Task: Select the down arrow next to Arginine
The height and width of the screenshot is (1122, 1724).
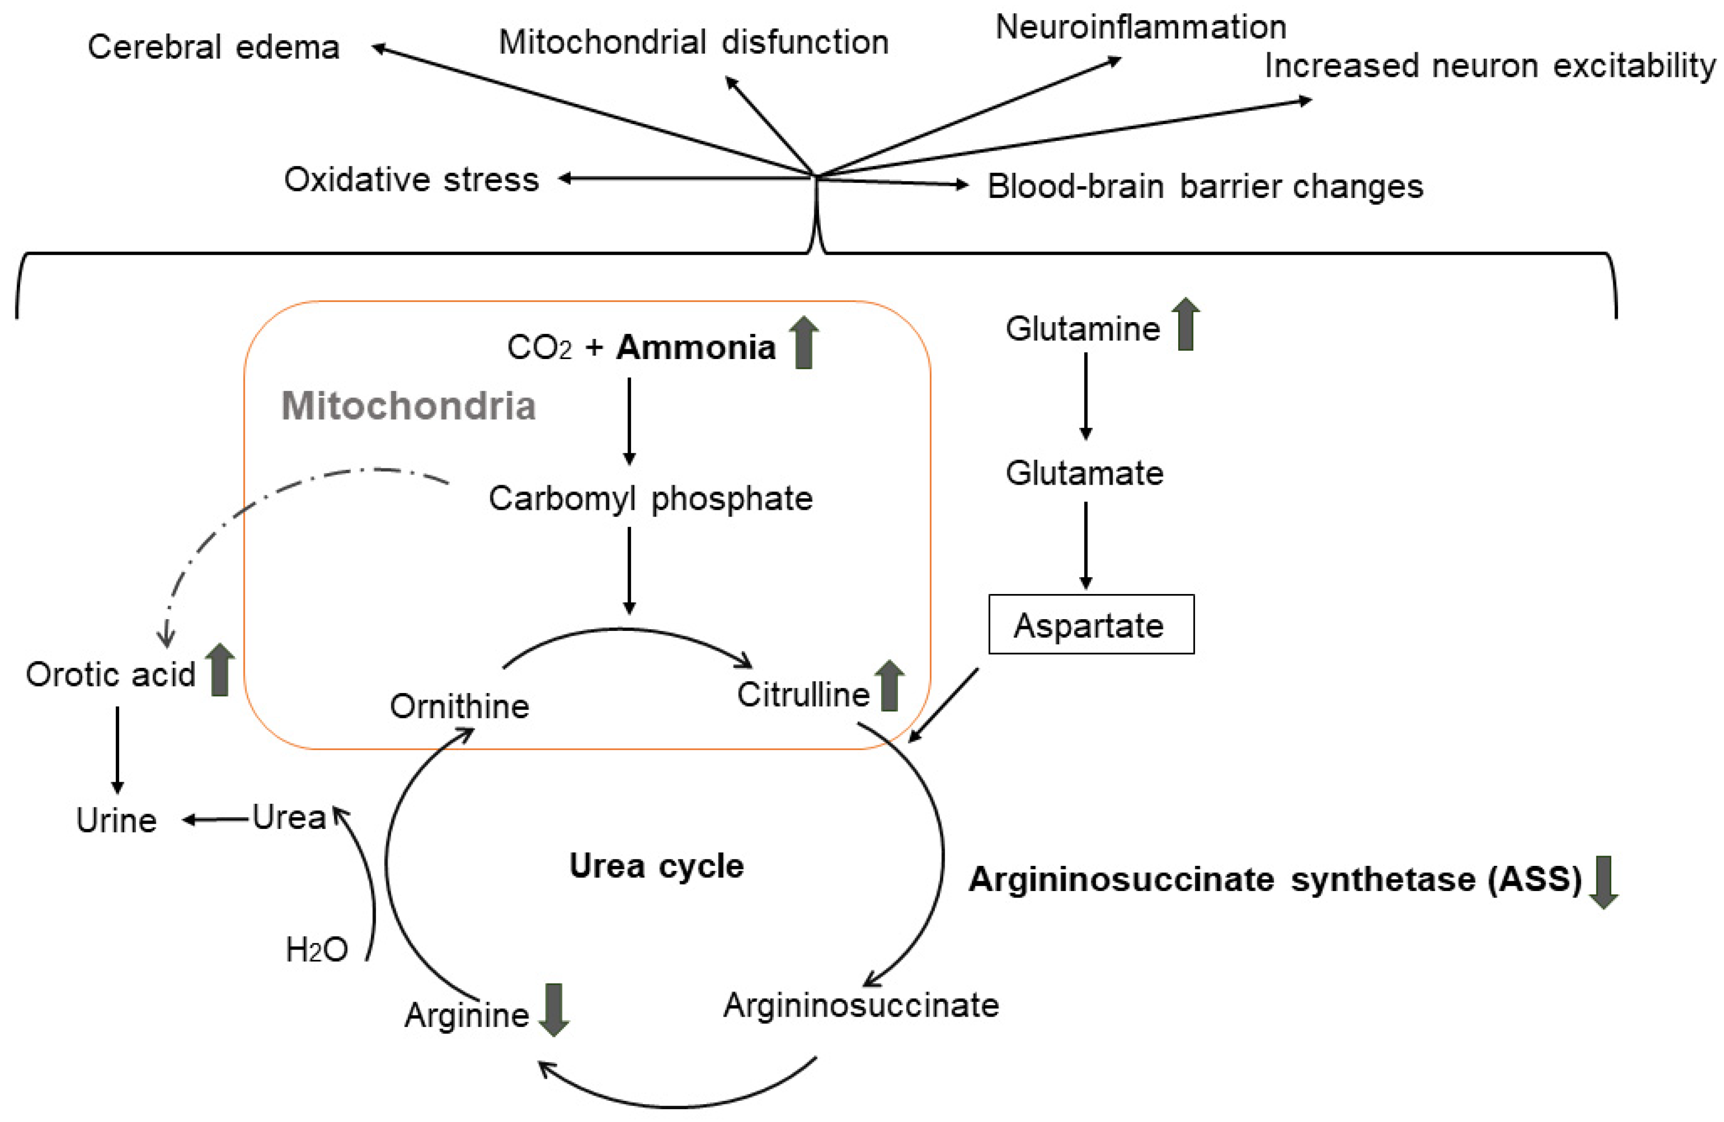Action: tap(554, 1009)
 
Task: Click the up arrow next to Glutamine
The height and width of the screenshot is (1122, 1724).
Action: tap(1185, 325)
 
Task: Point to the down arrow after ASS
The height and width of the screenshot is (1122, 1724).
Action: tap(1603, 882)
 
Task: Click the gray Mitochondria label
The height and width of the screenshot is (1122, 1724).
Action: tap(408, 406)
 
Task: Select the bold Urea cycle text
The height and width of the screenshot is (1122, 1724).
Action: tap(656, 865)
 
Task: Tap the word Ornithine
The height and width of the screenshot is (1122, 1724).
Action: tap(459, 706)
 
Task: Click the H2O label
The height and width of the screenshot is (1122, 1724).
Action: tap(317, 950)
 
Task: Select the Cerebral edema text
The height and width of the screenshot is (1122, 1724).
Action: tap(214, 48)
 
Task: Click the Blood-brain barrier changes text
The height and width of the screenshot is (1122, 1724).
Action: tap(1205, 186)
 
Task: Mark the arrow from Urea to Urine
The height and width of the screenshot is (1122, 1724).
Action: tap(217, 819)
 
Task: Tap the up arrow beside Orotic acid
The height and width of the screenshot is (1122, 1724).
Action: tap(220, 671)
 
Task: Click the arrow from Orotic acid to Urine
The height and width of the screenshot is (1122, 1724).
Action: tap(117, 750)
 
